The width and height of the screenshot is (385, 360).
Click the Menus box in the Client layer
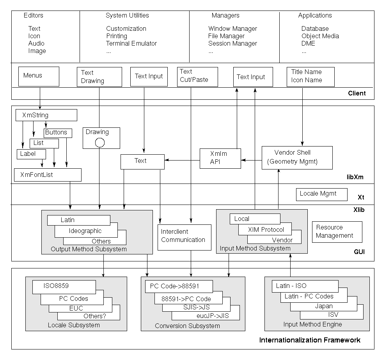[39, 76]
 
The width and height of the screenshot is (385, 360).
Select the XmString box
[46, 115]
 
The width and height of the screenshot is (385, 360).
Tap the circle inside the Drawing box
[100, 143]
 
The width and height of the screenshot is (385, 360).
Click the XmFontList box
[48, 175]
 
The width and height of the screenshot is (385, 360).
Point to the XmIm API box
[220, 158]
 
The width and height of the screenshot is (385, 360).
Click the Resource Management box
[337, 232]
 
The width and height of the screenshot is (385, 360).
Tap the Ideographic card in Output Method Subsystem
[86, 231]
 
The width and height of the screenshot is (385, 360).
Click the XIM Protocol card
[266, 230]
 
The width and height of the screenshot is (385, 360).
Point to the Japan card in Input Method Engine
[324, 306]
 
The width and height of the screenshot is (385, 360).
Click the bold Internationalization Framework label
[310, 340]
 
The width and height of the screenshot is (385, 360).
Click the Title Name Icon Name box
[310, 76]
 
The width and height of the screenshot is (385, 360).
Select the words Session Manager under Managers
[232, 43]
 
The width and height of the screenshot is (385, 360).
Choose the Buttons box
[58, 132]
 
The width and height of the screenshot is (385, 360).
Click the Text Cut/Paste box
[194, 76]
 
